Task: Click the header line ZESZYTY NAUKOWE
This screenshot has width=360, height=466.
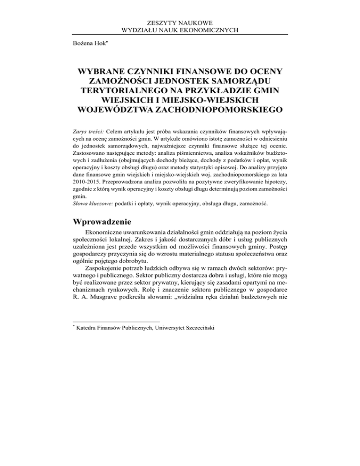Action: pyautogui.click(x=180, y=23)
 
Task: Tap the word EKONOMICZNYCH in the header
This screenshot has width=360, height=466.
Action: pyautogui.click(x=211, y=30)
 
